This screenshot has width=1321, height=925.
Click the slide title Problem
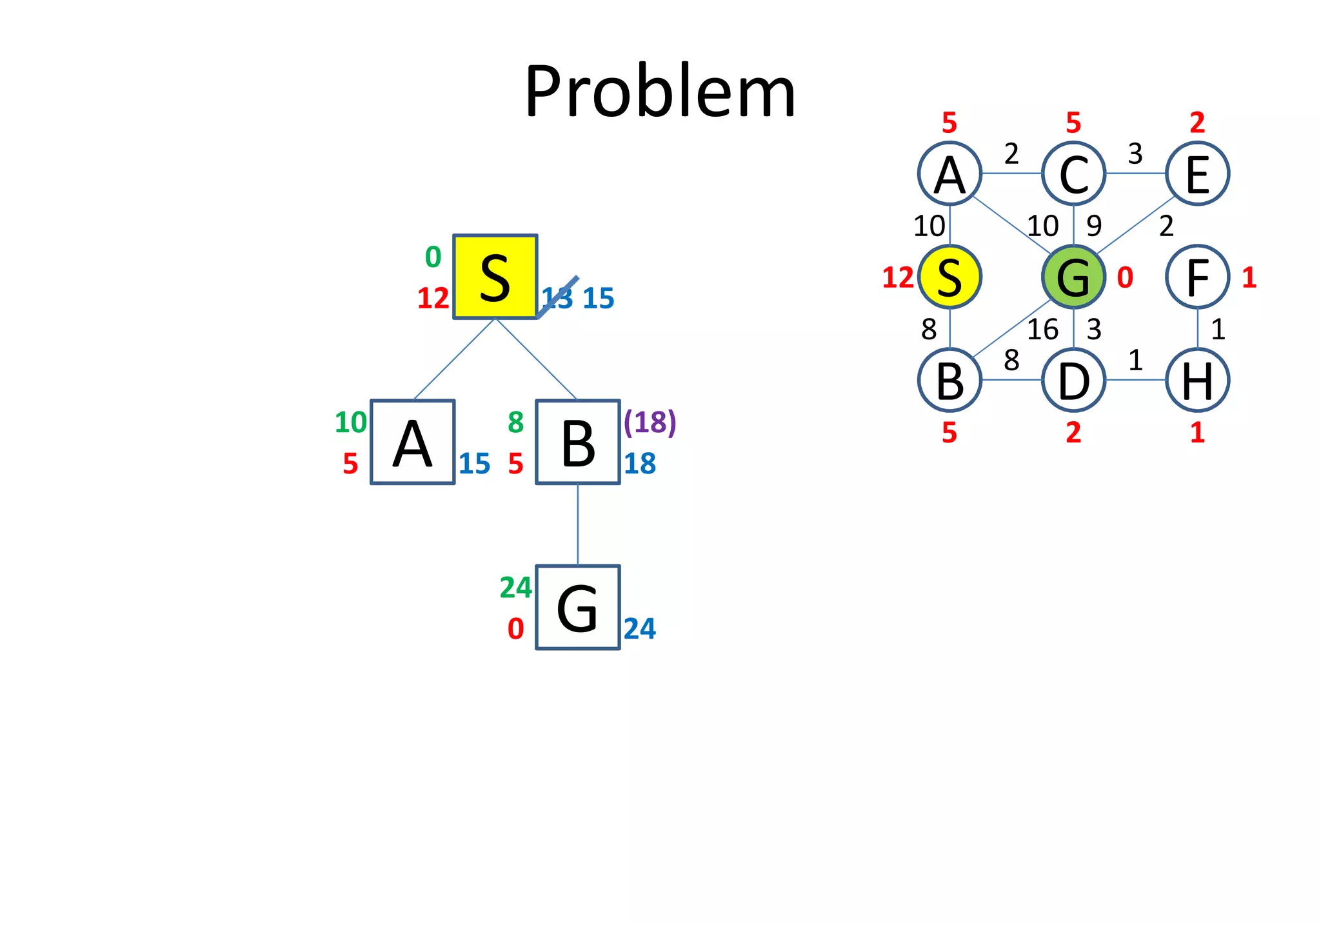660,92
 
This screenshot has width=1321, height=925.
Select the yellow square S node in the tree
495,277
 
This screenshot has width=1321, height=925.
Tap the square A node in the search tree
413,442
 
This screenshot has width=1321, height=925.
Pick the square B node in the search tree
578,442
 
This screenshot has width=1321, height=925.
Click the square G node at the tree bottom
578,608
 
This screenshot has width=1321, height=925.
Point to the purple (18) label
650,423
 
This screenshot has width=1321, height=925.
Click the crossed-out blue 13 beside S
557,298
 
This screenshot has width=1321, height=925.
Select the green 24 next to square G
515,588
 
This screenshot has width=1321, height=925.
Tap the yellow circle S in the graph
949,277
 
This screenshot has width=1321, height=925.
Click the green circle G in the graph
1073,277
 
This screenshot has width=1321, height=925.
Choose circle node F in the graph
1197,277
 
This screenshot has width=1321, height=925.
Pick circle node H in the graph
1197,380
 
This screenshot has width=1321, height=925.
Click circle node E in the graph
1197,174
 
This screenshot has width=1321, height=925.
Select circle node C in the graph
1073,174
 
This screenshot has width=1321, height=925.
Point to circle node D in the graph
1073,380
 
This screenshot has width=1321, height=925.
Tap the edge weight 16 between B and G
1042,330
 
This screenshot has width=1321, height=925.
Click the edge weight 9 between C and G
1094,226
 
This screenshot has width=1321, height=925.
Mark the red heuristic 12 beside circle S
898,278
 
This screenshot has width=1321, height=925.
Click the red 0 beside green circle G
1125,278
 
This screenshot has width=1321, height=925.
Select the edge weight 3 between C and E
1135,154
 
